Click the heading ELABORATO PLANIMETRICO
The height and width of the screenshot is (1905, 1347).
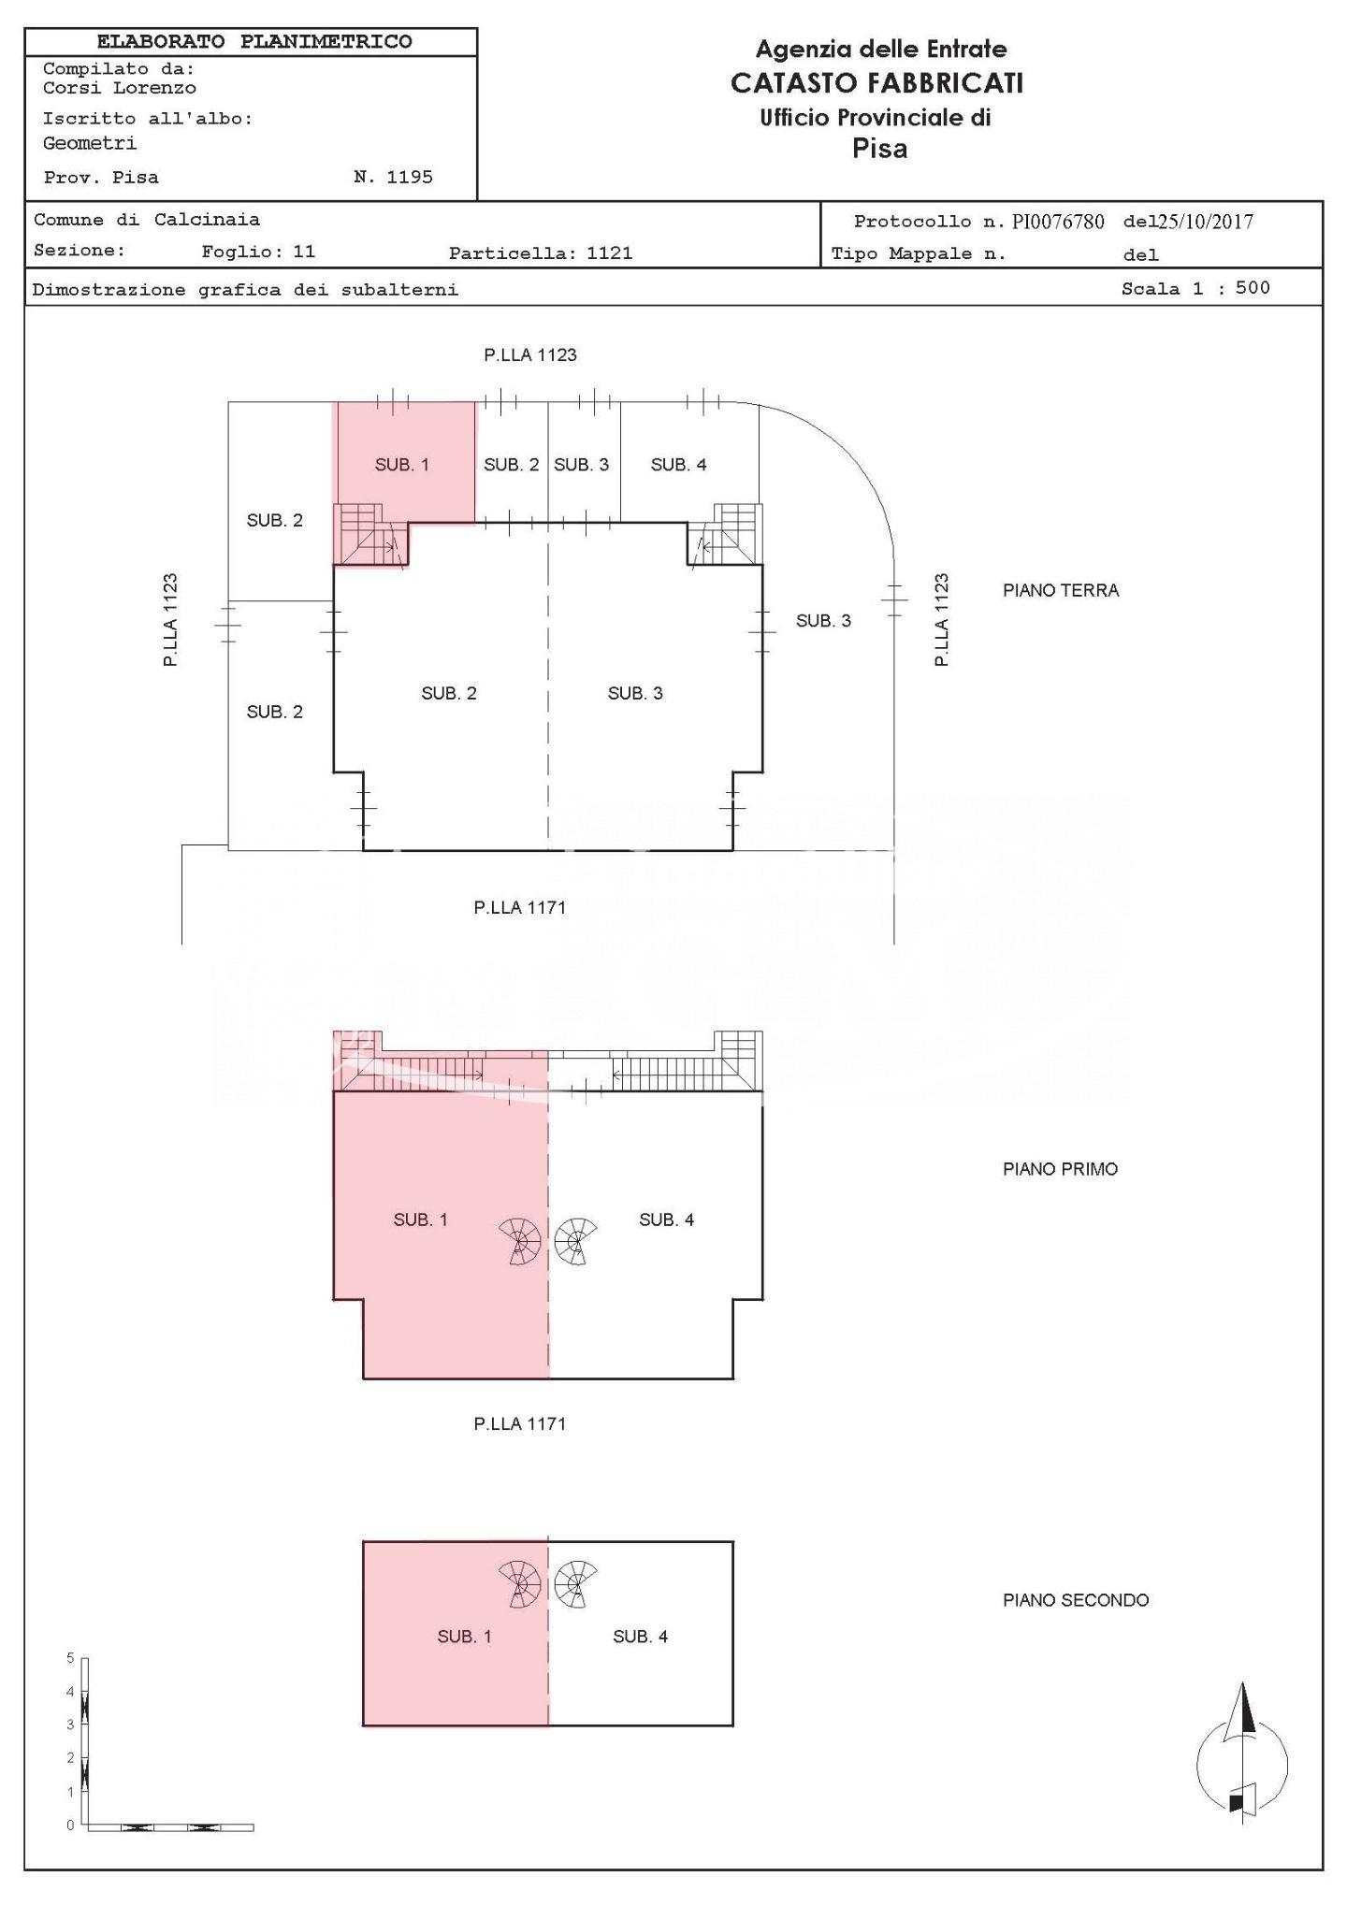(254, 42)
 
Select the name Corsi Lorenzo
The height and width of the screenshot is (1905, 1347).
(120, 89)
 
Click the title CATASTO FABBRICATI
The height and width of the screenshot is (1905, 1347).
(876, 83)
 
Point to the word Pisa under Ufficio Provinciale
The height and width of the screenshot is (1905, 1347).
(879, 149)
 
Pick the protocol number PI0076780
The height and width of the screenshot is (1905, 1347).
(1058, 222)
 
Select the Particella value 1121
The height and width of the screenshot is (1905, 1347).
(609, 253)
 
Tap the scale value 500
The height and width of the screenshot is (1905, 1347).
(1253, 288)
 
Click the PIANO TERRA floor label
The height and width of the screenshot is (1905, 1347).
(1061, 590)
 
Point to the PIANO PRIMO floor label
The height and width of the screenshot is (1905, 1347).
(1060, 1169)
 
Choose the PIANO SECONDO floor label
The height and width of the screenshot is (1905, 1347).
(1076, 1600)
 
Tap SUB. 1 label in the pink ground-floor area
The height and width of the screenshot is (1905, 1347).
(402, 465)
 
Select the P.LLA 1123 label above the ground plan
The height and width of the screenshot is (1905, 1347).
(530, 354)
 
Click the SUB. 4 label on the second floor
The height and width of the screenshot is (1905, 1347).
(640, 1637)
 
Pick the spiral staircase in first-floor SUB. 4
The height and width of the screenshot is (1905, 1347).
(575, 1241)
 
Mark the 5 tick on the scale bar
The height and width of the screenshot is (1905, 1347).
(70, 1658)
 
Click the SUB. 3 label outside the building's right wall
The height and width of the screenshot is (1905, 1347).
(823, 621)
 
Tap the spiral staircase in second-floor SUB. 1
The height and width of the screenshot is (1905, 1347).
(520, 1584)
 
